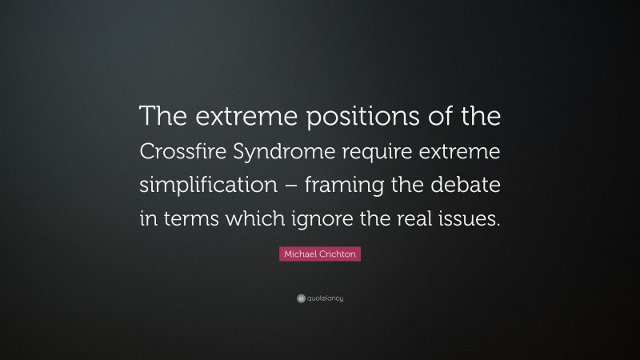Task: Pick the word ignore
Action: tap(335, 220)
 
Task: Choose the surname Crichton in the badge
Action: tap(338, 254)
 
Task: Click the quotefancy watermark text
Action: tap(324, 298)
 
